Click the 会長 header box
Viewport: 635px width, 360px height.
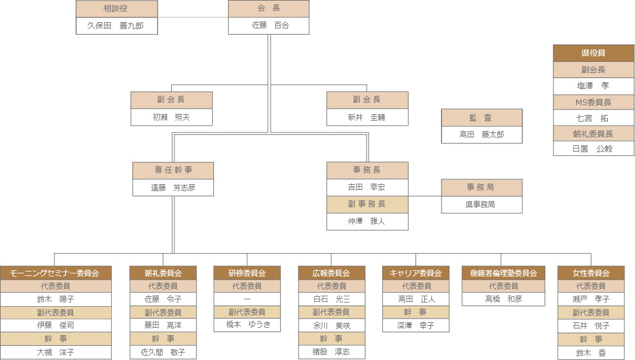[268, 9]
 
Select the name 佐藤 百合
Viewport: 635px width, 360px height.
[268, 25]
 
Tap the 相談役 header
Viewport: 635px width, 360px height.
[117, 9]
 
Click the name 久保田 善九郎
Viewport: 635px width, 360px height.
[117, 25]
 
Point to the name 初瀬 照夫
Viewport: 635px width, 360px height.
[171, 117]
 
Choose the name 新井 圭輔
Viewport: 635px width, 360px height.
[367, 117]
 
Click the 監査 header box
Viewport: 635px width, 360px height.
[482, 118]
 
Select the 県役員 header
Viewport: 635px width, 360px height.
[594, 53]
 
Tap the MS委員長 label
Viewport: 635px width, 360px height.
[594, 102]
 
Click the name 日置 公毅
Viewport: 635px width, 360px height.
[594, 148]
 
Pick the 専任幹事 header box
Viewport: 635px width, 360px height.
[173, 170]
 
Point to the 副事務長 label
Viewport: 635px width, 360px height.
[367, 204]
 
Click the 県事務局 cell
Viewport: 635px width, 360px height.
[482, 204]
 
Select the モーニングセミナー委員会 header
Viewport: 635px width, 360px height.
[56, 273]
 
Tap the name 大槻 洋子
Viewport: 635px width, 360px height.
[56, 352]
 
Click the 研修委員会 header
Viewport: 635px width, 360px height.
[247, 273]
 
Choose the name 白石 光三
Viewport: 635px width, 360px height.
[332, 299]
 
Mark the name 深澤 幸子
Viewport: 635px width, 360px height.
[416, 325]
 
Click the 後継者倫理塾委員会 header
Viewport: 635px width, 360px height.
[503, 273]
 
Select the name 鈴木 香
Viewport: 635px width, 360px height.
[591, 353]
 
